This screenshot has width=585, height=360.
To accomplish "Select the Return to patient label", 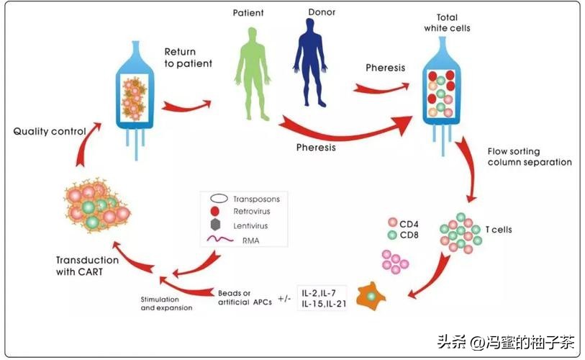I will pos(188,58).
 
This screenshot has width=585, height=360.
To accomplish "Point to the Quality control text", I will pos(50,132).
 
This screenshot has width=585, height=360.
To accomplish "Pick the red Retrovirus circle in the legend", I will pos(216,212).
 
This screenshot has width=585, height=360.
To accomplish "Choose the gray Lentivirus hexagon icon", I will pos(216,226).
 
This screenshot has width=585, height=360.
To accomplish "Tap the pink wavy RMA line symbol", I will pos(216,239).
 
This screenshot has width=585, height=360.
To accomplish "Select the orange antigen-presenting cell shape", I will pos(371,297).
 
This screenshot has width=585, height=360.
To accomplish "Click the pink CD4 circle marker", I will pos(392,222).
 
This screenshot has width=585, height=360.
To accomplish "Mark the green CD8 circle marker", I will pos(392,234).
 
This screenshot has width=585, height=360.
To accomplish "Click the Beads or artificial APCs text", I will pos(245,298).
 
